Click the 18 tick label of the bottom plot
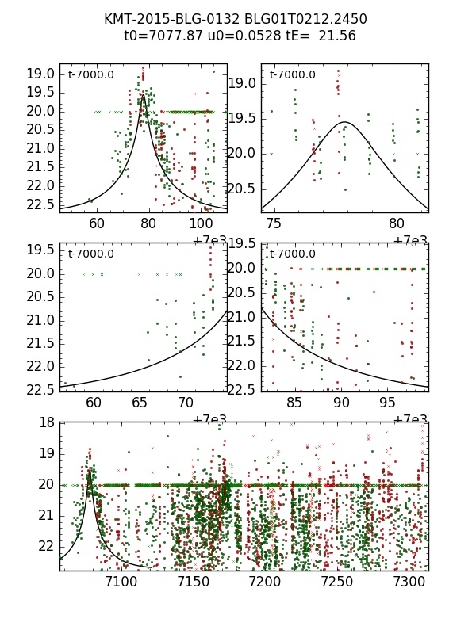click(46, 422)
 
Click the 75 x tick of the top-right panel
click(275, 224)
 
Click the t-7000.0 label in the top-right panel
click(293, 74)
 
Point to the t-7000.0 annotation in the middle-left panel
click(91, 254)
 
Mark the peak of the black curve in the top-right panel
click(345, 122)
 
